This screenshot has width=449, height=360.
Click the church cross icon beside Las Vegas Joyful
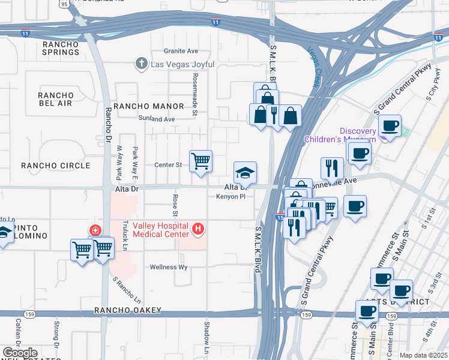tap(141, 63)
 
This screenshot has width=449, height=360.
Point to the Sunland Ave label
tap(156, 119)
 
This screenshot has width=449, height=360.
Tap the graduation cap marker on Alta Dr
tap(245, 173)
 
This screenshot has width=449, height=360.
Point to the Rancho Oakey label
tap(128, 310)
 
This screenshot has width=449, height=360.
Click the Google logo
tap(20, 353)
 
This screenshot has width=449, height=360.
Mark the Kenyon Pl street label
tap(231, 196)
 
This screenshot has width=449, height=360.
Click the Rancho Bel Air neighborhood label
tap(55, 100)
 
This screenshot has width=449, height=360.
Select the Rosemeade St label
tap(196, 90)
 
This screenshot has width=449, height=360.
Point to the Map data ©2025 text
tap(423, 355)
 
